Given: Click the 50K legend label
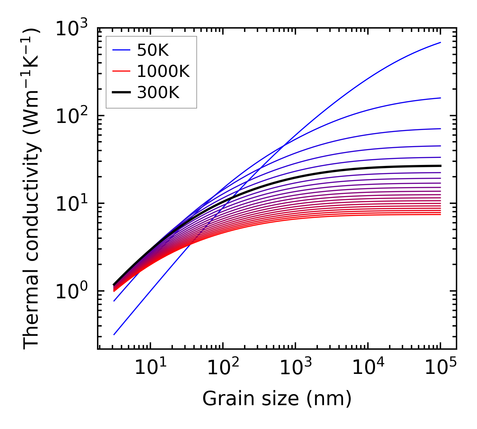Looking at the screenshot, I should [153, 50].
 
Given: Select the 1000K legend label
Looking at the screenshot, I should [163, 71].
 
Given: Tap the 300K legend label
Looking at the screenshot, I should [158, 92].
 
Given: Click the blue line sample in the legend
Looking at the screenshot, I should [121, 50].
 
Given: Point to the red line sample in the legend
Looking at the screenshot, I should [121, 71].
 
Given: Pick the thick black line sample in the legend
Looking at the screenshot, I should [121, 92].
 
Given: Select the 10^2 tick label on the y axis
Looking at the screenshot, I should [71, 117].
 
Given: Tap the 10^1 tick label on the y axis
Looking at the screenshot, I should [71, 204].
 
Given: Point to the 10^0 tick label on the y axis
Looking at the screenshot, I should [71, 292].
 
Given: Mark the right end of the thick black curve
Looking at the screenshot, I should [440, 166].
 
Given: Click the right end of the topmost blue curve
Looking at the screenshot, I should [440, 42].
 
